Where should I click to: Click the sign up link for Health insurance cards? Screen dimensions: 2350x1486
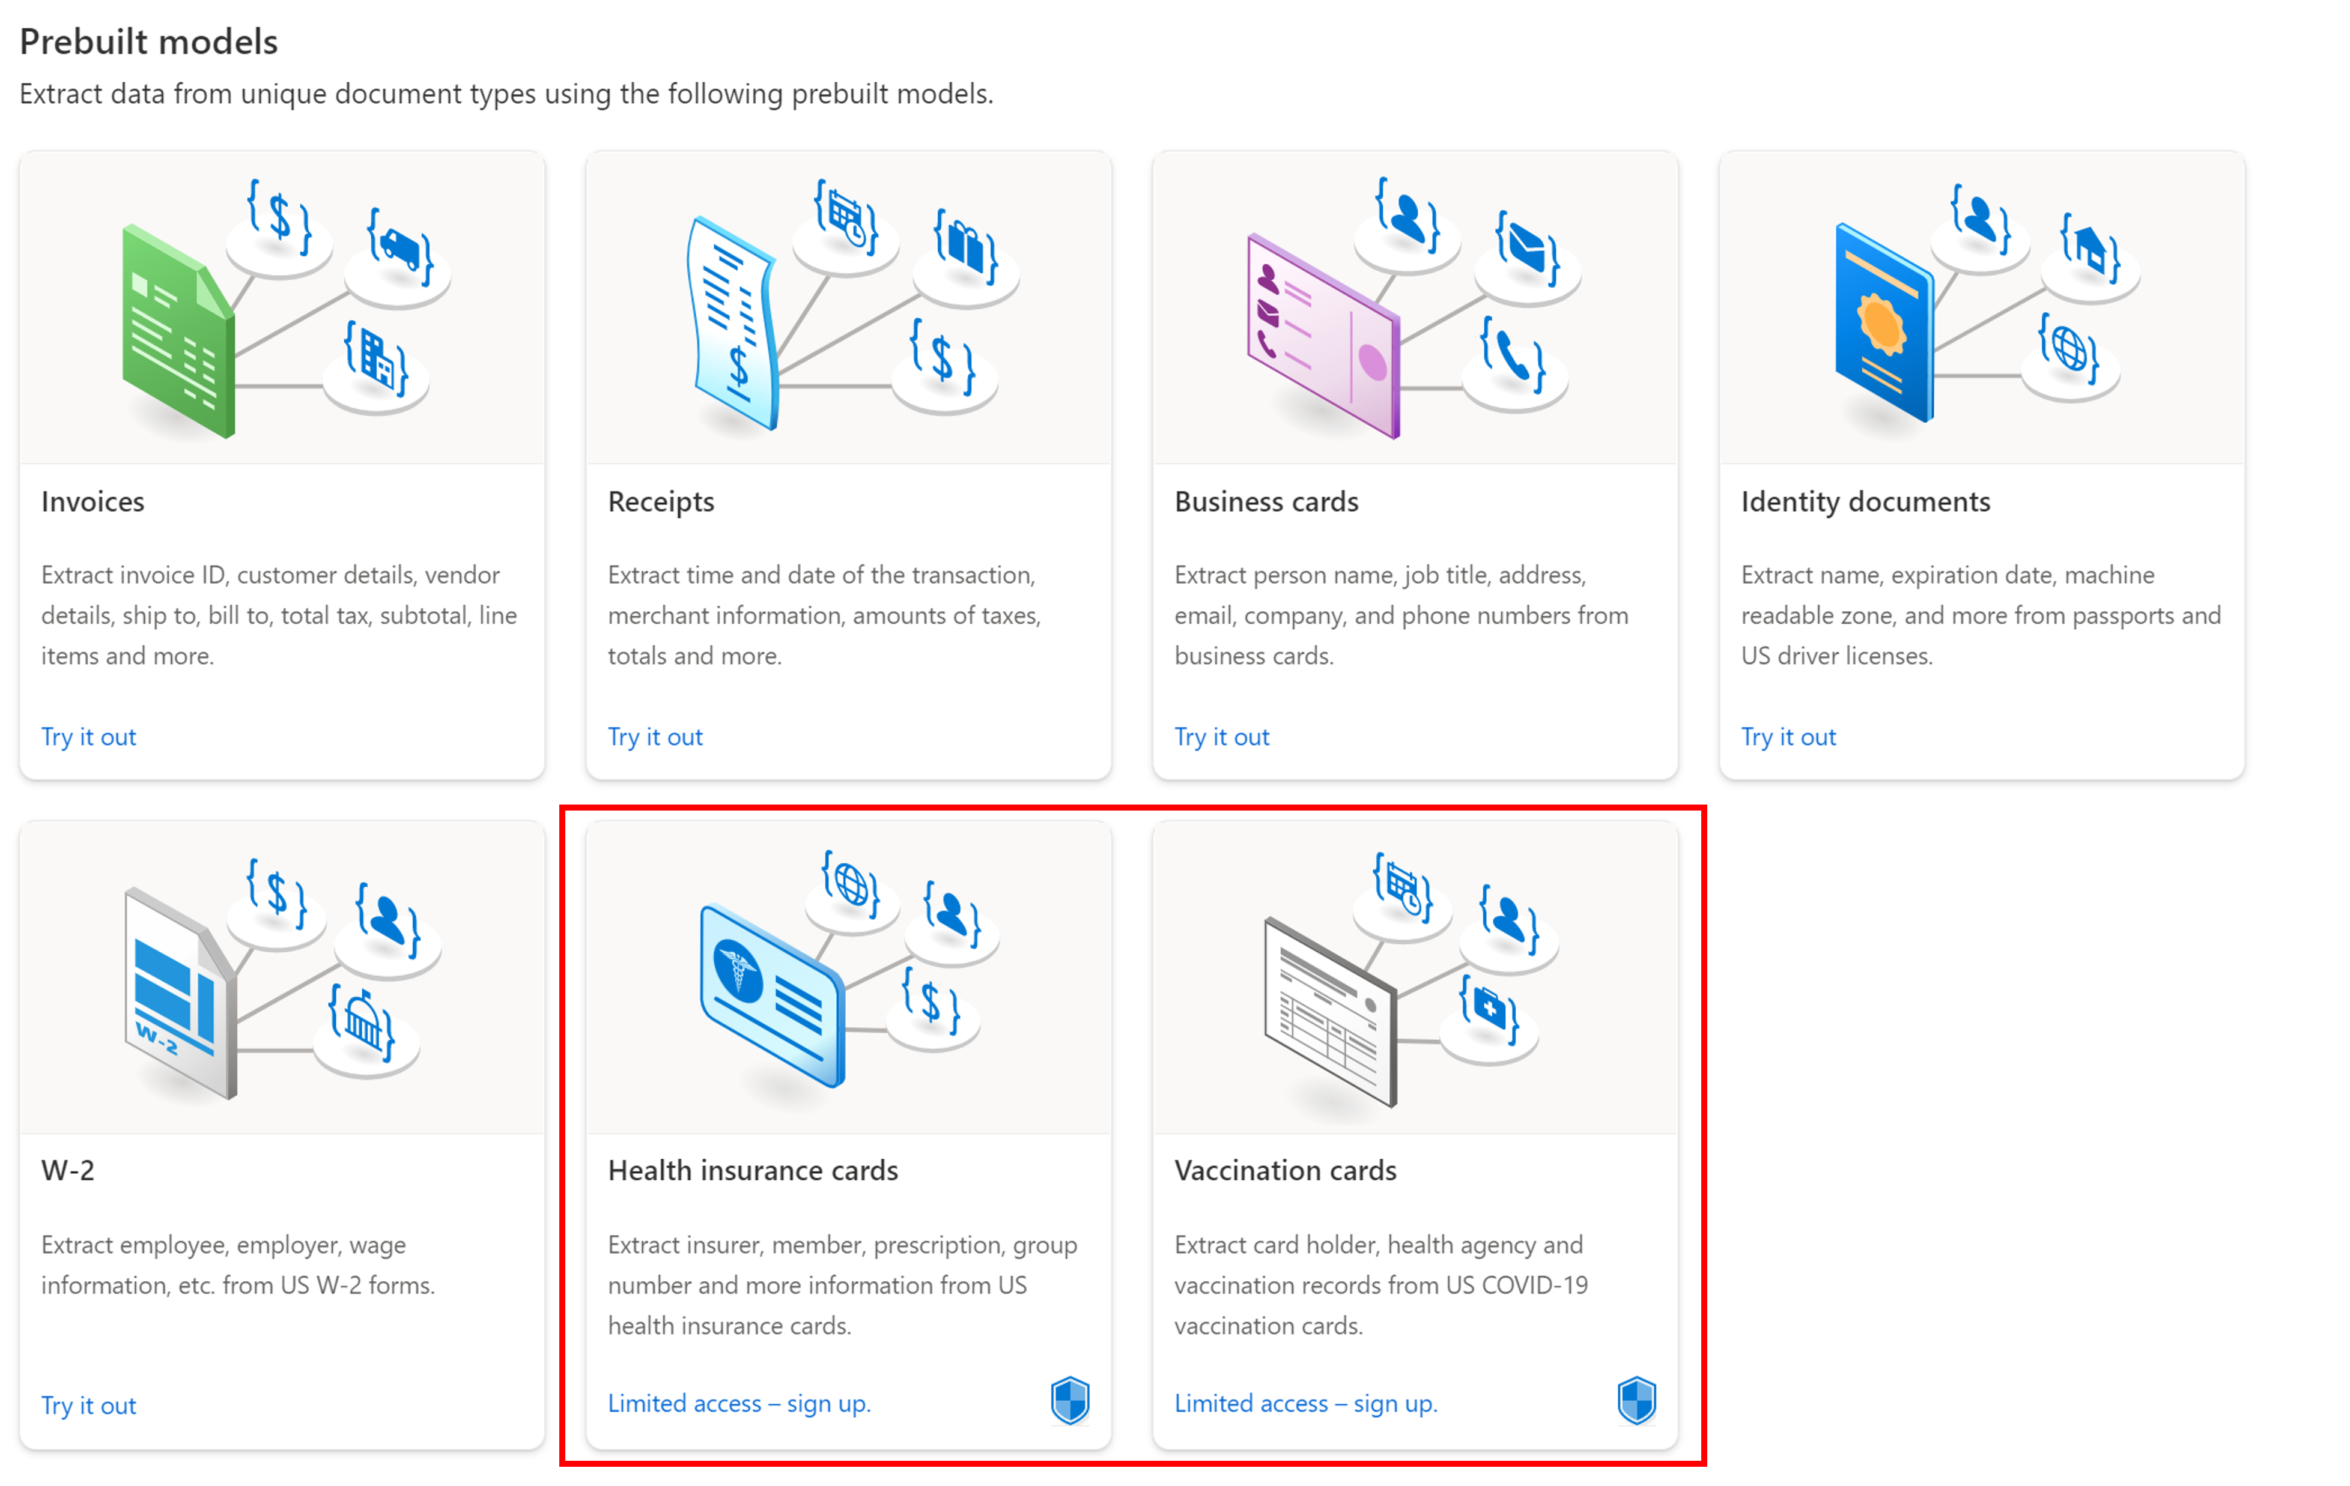coord(739,1403)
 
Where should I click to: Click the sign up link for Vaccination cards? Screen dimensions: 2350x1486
coord(1306,1403)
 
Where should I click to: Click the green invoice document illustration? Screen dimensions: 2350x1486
coord(178,332)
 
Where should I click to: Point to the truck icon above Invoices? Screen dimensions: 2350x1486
coord(400,246)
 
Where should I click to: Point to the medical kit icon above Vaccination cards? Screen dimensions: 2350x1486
coord(1489,1007)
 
